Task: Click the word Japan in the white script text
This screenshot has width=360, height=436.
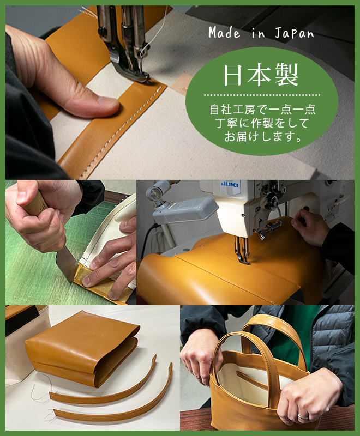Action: pos(294,33)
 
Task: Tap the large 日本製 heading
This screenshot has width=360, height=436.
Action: pos(261,75)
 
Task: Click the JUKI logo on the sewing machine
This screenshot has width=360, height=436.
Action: pos(230,184)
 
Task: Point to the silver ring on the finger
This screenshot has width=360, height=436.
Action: pos(303,416)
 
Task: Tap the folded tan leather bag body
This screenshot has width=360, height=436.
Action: pos(82,348)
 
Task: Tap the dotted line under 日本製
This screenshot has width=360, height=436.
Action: pos(262,95)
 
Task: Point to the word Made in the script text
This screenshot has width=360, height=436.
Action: pos(224,33)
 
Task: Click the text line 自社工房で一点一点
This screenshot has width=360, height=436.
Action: pos(262,110)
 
